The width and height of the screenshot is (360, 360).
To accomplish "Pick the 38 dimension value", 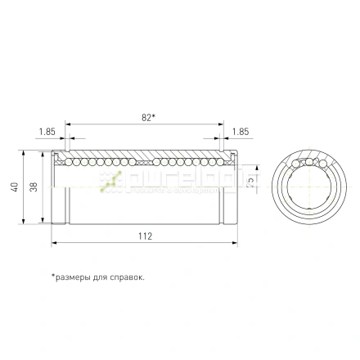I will tap(33, 187).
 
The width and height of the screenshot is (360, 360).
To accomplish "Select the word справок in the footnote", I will tap(126, 277).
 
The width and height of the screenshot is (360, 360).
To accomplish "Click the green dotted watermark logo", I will tap(110, 182).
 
